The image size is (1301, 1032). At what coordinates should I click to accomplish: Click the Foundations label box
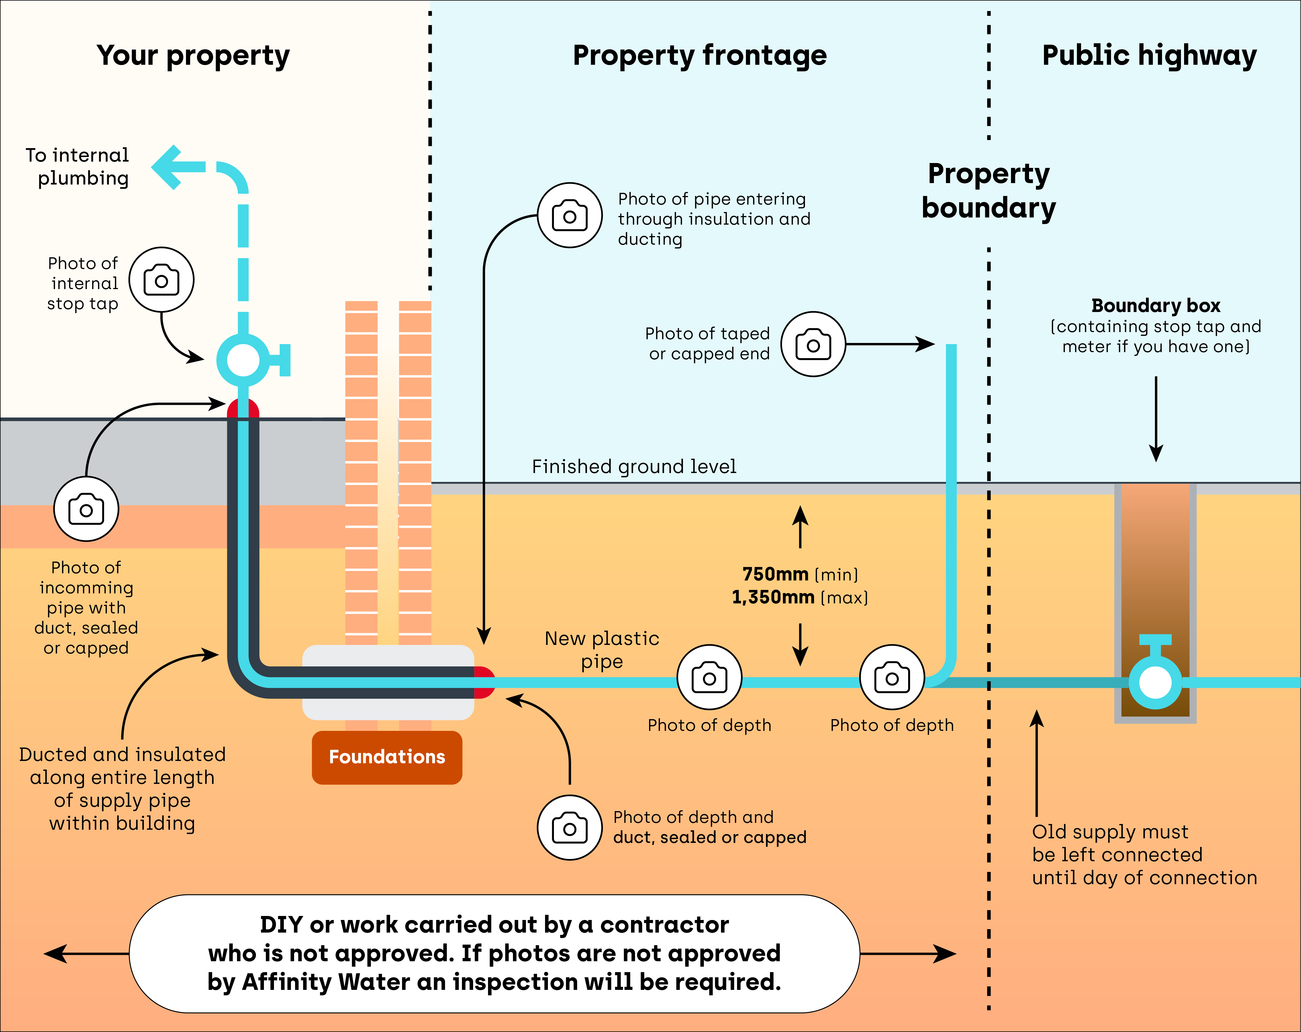(x=387, y=757)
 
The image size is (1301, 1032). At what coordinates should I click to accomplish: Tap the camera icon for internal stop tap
(x=161, y=280)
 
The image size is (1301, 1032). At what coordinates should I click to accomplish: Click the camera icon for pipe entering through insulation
(x=570, y=215)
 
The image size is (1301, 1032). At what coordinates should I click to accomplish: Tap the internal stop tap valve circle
(x=243, y=360)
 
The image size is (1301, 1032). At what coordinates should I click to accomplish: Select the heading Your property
(x=193, y=56)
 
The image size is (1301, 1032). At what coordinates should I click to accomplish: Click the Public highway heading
(x=1149, y=56)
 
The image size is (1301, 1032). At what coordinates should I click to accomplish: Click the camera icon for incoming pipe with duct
(x=86, y=509)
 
